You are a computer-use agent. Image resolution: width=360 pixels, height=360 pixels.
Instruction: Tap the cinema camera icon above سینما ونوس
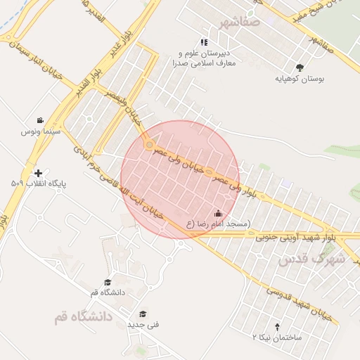[x=40, y=120]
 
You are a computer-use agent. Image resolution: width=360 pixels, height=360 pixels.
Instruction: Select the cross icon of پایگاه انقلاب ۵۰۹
[x=38, y=173]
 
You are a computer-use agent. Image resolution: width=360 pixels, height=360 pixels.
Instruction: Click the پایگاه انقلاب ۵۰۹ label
[x=38, y=184]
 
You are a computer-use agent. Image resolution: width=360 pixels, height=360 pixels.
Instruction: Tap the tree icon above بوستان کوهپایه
[x=301, y=67]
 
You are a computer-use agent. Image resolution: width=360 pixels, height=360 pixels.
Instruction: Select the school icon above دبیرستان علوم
[x=204, y=43]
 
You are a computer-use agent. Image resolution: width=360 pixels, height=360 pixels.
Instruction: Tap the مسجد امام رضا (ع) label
[x=218, y=224]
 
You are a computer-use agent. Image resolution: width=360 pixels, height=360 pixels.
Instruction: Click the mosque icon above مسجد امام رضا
[x=218, y=213]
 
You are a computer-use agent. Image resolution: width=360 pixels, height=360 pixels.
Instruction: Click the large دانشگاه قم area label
[x=82, y=317]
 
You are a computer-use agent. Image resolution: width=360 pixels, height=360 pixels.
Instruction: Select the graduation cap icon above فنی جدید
[x=143, y=314]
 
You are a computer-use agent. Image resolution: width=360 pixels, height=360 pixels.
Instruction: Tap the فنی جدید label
[x=143, y=325]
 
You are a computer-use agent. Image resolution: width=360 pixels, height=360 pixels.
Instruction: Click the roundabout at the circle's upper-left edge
[x=149, y=145]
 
